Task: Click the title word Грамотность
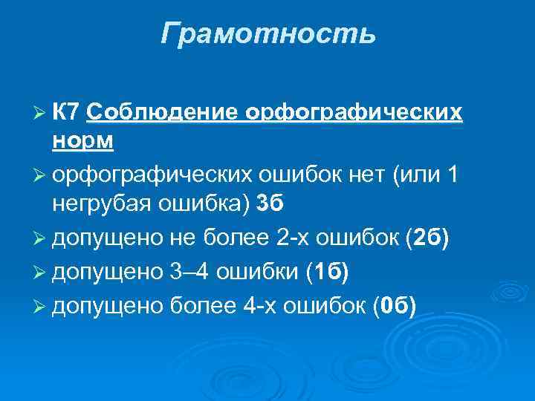(267, 33)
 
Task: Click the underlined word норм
(82, 140)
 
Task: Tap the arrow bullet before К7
(39, 112)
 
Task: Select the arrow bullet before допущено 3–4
(39, 273)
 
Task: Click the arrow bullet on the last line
(39, 305)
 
